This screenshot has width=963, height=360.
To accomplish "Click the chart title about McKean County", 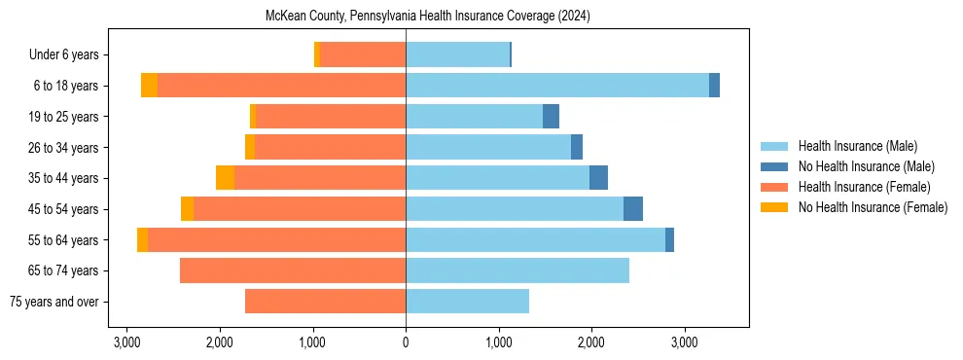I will tap(428, 17).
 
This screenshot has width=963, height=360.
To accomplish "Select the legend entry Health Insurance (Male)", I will tap(857, 146).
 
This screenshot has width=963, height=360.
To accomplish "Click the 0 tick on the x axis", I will tap(406, 342).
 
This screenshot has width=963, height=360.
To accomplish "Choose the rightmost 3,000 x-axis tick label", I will tap(685, 342).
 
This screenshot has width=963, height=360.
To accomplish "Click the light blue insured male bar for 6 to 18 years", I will tap(557, 86).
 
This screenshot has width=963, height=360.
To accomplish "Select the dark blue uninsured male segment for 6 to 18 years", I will tap(714, 86).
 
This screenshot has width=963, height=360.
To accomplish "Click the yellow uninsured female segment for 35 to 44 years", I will tap(225, 178).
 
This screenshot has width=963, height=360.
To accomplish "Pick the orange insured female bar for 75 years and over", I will tap(325, 302).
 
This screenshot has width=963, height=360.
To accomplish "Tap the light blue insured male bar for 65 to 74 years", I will tap(517, 270).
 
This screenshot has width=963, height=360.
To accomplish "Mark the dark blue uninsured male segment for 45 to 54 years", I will tap(633, 209).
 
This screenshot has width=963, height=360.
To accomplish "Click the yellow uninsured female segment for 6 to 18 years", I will tap(149, 86).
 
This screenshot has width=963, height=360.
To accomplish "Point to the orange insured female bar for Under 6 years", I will tap(363, 55).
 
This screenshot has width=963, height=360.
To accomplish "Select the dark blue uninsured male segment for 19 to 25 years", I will tap(551, 117).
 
